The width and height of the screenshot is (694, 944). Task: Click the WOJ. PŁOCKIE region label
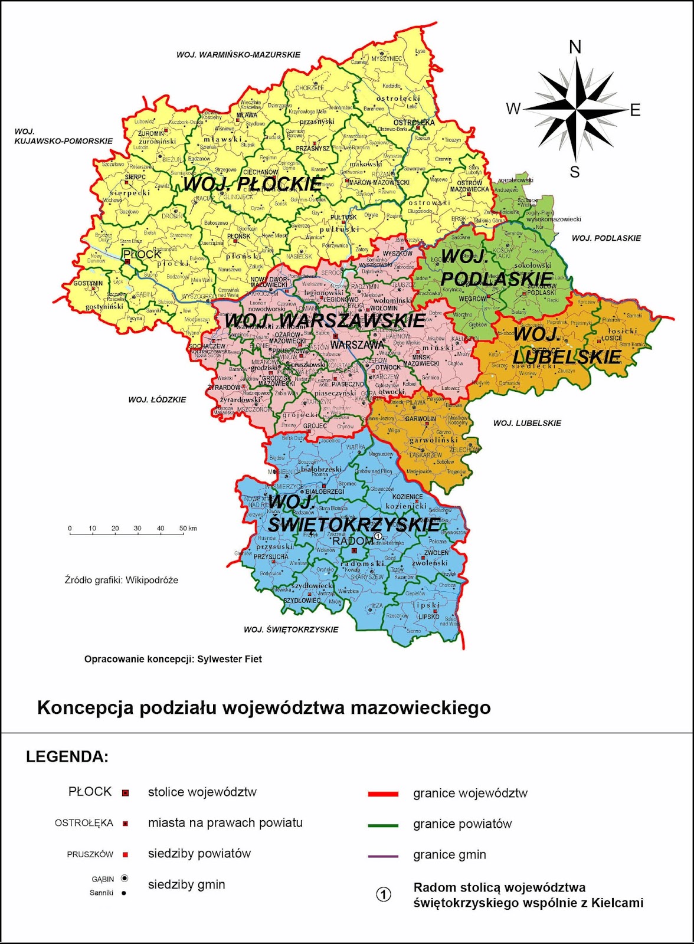point(252,184)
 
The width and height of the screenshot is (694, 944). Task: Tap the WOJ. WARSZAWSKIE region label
point(324,320)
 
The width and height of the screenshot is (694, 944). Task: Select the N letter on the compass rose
point(575,47)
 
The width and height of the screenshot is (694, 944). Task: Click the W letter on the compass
point(513,109)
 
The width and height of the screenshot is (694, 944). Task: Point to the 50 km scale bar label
point(188,528)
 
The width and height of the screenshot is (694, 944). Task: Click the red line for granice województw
point(383,794)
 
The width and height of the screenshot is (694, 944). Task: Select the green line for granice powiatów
point(383,825)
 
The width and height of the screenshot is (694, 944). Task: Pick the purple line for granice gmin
point(383,855)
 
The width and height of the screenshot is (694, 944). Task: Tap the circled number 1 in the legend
point(384,894)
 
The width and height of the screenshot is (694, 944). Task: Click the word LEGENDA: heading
point(67,757)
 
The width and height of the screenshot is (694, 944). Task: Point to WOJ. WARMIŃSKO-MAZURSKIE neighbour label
point(238,55)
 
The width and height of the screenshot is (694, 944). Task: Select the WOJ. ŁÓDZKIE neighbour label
point(157,399)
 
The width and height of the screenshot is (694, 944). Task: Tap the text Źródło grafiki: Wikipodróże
point(121,580)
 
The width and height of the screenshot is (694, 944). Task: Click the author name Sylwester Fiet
point(229,659)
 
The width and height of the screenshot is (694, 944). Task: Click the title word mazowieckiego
point(420,707)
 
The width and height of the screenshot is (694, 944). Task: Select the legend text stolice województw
point(202,792)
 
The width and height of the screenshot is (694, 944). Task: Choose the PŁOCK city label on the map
point(142,254)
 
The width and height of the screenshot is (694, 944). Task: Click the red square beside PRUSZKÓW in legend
point(125,854)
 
